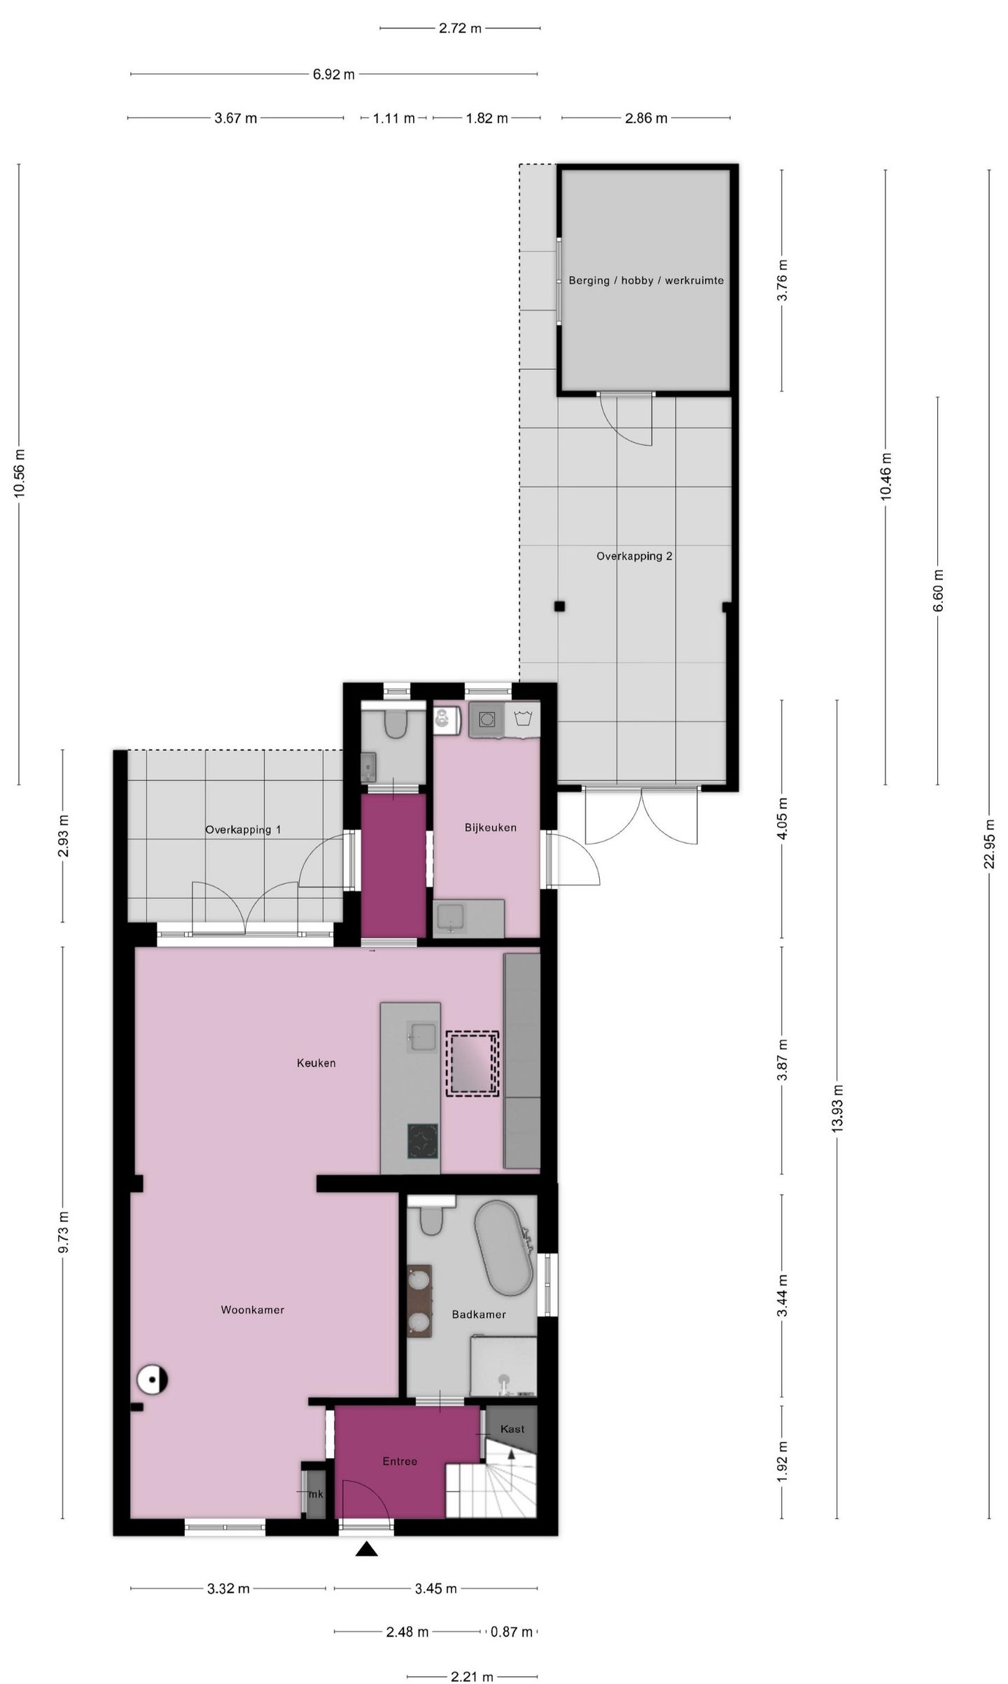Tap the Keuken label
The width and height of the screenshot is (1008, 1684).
tap(316, 1063)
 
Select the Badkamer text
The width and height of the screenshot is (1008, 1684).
tap(478, 1314)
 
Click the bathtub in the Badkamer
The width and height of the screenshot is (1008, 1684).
tap(504, 1248)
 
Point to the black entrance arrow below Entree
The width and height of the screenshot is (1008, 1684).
tap(366, 1550)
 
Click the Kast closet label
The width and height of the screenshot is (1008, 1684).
tap(512, 1429)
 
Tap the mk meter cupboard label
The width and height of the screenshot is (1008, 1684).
tap(316, 1494)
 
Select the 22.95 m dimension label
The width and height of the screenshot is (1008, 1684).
tap(989, 843)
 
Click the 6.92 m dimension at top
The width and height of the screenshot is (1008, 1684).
tap(333, 74)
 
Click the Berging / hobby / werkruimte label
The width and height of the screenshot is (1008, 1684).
tap(645, 281)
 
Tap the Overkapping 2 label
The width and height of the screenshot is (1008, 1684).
tap(634, 556)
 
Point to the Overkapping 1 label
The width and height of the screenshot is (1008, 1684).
tap(243, 830)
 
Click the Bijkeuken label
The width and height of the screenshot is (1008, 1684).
tap(490, 827)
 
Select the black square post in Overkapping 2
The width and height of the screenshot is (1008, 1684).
tap(559, 607)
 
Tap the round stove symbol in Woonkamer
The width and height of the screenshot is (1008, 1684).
tap(152, 1380)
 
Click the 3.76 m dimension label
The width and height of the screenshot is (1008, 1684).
tap(783, 280)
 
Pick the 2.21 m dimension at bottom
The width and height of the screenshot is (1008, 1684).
tap(472, 1676)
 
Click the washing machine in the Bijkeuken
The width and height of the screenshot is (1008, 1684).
tap(484, 719)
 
